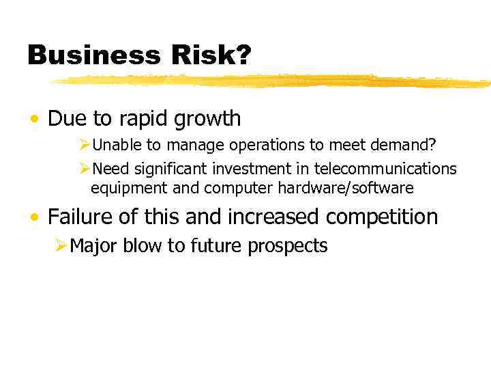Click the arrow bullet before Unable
[85, 146]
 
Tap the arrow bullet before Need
[85, 169]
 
